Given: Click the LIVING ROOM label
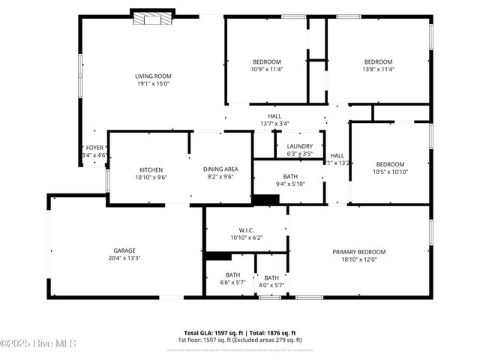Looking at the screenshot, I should pos(153,76).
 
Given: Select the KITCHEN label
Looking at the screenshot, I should pos(151,169).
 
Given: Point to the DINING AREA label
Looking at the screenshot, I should pos(220,169).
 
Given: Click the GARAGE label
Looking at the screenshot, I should pos(124,250).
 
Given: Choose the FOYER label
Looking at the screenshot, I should pos(94,148).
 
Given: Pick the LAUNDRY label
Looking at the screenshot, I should pos(300,146).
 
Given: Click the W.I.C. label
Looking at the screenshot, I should pos(247,229).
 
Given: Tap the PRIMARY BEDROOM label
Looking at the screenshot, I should pos(359,252).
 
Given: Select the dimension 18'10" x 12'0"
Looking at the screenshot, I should pos(359,260).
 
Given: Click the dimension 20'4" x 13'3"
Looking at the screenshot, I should pos(124,259).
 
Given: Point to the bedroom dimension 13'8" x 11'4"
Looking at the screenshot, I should pos(378,70).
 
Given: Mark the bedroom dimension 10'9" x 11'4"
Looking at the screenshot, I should pos(266,70).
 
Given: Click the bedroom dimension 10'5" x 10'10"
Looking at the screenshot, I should pos(390,172).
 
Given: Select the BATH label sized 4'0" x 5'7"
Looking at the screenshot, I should pos(271,277).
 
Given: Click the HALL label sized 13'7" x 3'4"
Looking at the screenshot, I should pos(274,116).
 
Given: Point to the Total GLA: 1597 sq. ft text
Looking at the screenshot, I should pos(211,333).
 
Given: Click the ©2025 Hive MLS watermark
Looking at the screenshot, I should pos(39,343).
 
